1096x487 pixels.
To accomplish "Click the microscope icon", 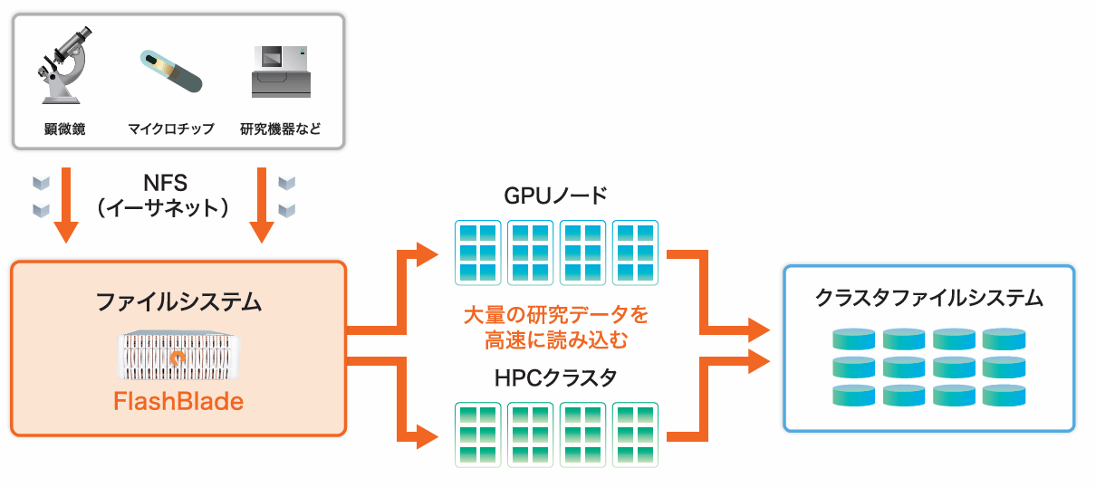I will [65, 64].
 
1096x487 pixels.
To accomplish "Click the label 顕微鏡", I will [65, 129].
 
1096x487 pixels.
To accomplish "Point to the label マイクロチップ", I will [171, 129].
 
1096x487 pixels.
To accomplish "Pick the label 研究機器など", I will [280, 129].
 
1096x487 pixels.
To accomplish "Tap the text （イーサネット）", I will [165, 208].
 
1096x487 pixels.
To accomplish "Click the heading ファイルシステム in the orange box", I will [178, 301].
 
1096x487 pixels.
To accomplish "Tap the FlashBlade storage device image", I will [178, 356].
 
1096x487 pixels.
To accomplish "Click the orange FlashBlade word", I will [178, 401].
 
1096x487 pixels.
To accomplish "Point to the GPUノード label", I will [555, 196].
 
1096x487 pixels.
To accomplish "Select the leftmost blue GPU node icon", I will [477, 252].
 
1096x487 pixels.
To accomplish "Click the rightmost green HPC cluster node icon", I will [635, 434].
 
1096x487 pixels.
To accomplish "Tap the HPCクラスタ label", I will [555, 378].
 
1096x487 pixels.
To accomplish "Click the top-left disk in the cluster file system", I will [854, 339].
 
